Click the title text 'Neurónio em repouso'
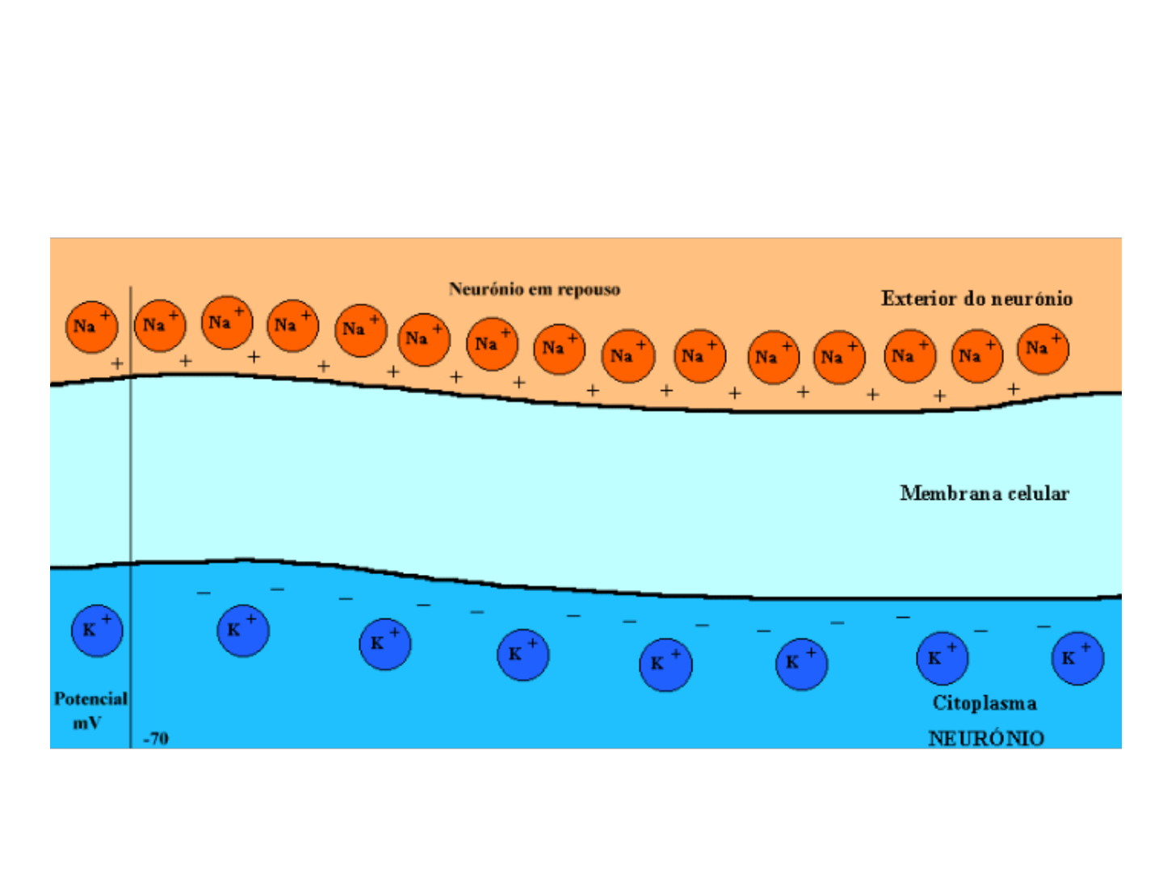534,289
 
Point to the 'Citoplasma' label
985,703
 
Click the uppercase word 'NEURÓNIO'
986,738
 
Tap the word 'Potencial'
90,699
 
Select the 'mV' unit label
87,723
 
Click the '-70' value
156,739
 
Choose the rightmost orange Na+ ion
1043,349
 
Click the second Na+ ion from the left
159,325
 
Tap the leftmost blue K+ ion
97,630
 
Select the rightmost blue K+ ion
1077,658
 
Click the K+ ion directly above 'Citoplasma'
942,658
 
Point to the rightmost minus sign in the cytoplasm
1043,626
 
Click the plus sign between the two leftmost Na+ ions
118,363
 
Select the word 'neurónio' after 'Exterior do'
1031,299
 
